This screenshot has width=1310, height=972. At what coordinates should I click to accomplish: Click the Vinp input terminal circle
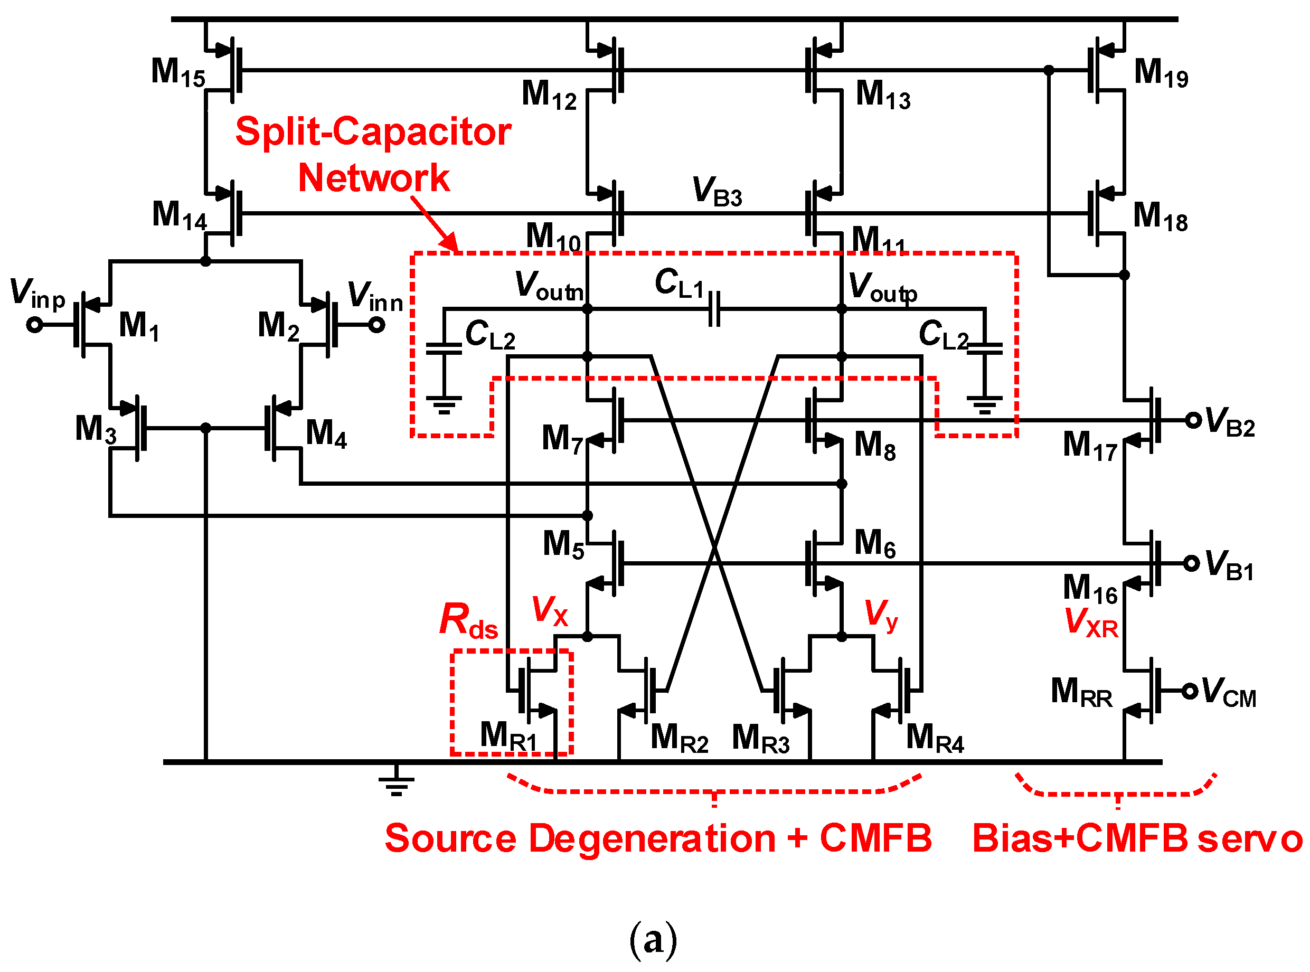coord(35,325)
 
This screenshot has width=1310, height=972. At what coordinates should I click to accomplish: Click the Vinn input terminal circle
coord(376,325)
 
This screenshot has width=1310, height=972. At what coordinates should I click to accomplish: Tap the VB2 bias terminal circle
coord(1193,420)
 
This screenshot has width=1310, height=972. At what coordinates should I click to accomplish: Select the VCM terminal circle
coord(1190,691)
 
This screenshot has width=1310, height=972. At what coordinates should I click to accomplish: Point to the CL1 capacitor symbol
coord(714,309)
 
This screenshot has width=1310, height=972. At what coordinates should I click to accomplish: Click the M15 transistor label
coord(178,72)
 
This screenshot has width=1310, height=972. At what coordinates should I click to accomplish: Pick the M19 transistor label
coord(1160,73)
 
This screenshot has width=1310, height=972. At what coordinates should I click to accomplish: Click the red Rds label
coord(468,620)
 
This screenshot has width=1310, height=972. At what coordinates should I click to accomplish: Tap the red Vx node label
coord(550,611)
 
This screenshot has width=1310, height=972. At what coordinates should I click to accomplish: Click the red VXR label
coord(1091,622)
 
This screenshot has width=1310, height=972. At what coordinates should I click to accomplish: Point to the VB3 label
coord(717,191)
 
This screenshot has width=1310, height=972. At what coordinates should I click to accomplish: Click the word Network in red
coord(374,178)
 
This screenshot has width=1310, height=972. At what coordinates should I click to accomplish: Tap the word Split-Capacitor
coord(373,131)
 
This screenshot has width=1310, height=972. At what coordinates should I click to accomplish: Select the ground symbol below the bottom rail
coord(396,781)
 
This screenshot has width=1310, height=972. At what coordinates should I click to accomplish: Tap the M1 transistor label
coord(139,325)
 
